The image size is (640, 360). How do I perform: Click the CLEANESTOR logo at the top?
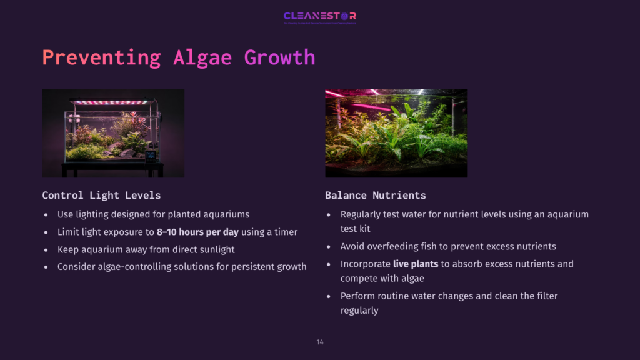point(319,16)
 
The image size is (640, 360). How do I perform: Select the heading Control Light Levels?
point(101,195)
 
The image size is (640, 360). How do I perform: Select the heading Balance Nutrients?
point(376,195)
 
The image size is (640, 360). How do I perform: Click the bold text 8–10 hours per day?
point(197,232)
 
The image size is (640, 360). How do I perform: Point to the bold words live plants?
point(416,264)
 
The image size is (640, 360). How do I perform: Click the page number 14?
point(320,342)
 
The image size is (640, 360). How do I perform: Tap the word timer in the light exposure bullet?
point(285,232)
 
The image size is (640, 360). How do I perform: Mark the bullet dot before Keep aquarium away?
point(46,250)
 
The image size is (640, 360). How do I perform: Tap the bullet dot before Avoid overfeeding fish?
point(329,247)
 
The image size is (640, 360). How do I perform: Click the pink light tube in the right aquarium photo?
point(369,106)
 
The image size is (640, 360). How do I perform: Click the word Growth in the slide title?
point(279,57)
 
